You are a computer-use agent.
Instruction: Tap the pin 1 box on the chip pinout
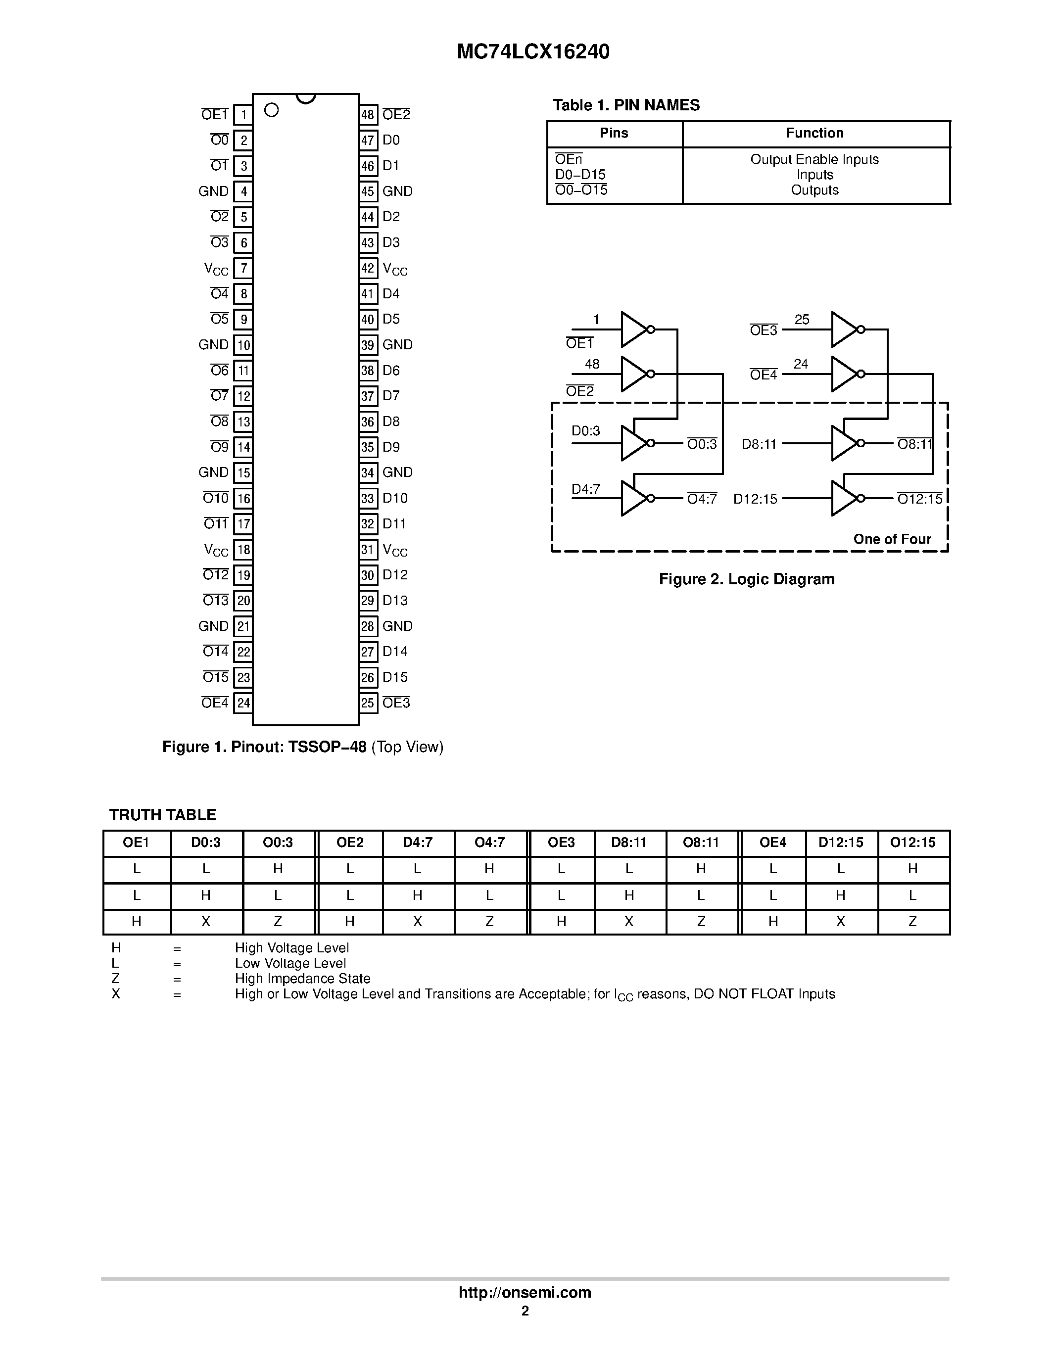coord(243,115)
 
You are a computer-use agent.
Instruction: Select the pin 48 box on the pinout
coord(368,115)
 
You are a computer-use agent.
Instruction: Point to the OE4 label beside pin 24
coord(215,703)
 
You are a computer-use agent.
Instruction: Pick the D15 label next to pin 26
coord(395,677)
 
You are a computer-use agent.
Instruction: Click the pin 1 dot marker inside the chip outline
coord(271,110)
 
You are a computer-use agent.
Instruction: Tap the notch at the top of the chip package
coord(305,98)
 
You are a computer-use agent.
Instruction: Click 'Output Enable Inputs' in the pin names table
coord(814,159)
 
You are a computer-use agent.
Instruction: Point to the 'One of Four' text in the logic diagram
coord(892,539)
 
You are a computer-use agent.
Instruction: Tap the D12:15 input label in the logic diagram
coord(755,499)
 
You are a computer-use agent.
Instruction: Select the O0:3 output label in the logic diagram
coord(702,444)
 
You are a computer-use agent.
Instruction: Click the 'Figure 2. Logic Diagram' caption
coord(747,579)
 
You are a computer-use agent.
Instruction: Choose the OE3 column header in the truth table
coord(561,843)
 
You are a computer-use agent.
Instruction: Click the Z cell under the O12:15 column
coord(912,922)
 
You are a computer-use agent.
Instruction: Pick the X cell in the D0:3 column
coord(206,922)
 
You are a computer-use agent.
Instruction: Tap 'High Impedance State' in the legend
coord(302,979)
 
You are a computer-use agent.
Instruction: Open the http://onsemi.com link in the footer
coord(525,1292)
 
